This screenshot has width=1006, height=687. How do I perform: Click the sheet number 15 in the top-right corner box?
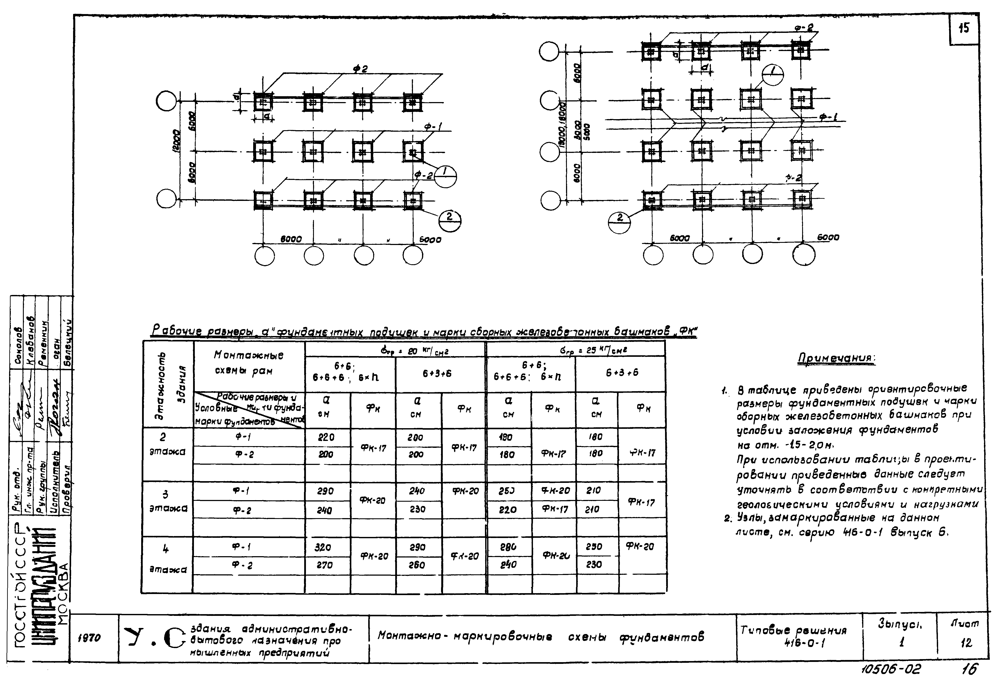964,29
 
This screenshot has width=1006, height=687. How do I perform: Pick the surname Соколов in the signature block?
19,346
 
